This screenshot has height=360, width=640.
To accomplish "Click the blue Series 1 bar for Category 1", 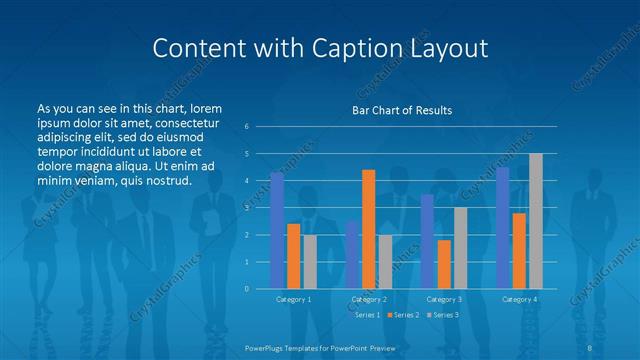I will tap(277, 231).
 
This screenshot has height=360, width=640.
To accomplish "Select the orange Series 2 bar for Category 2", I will tap(368, 229).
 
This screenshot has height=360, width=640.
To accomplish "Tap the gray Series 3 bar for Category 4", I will tap(535, 221).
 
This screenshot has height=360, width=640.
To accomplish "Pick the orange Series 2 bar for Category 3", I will tap(444, 264).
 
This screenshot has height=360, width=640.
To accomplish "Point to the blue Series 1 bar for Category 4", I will tap(502, 228).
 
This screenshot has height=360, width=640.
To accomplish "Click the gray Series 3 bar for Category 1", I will tap(310, 262).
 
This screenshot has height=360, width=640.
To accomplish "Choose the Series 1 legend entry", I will tap(366, 314).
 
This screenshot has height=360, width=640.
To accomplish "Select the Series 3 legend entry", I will tap(444, 314).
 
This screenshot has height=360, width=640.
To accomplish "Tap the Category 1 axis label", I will tap(293, 298).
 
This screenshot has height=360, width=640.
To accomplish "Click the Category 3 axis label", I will tap(444, 298).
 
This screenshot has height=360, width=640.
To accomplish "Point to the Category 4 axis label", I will tap(519, 298).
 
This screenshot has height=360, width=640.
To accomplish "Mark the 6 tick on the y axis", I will tap(246, 127).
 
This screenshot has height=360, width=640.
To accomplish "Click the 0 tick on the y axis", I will tap(246, 289).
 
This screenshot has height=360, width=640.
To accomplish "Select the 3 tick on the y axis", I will tap(246, 208).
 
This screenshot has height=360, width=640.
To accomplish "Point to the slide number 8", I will tap(590, 346).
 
